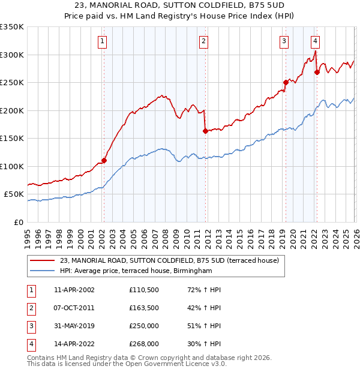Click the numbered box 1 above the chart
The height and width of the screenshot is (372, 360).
103,41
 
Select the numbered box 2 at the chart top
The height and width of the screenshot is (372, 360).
204,41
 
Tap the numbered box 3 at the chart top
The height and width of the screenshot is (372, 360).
284,41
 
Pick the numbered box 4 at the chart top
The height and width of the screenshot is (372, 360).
315,41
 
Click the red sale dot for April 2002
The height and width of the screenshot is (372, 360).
104,160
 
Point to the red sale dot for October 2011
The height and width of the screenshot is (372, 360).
205,131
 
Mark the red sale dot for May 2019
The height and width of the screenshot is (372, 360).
286,83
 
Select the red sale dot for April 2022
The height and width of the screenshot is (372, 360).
316,73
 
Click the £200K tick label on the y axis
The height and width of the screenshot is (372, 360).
12,110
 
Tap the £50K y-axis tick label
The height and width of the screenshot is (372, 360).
14,194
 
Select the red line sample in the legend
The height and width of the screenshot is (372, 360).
42,261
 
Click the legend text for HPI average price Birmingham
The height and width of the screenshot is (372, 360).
136,271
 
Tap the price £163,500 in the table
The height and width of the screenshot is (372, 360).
144,308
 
